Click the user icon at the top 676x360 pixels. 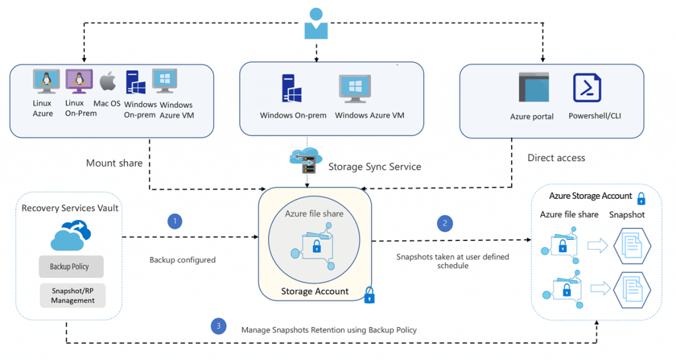click(x=316, y=23)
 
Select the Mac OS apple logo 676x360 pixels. click(x=108, y=82)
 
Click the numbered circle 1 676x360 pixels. click(x=175, y=221)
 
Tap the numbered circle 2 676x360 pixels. click(x=446, y=223)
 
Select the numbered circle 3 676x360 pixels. click(x=218, y=325)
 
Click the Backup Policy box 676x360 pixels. click(x=69, y=267)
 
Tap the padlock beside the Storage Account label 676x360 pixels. click(x=369, y=295)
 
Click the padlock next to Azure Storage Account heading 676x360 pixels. click(x=640, y=198)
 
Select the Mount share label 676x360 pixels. click(x=114, y=163)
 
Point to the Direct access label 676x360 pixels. click(x=556, y=158)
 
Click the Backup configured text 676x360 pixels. click(x=183, y=260)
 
